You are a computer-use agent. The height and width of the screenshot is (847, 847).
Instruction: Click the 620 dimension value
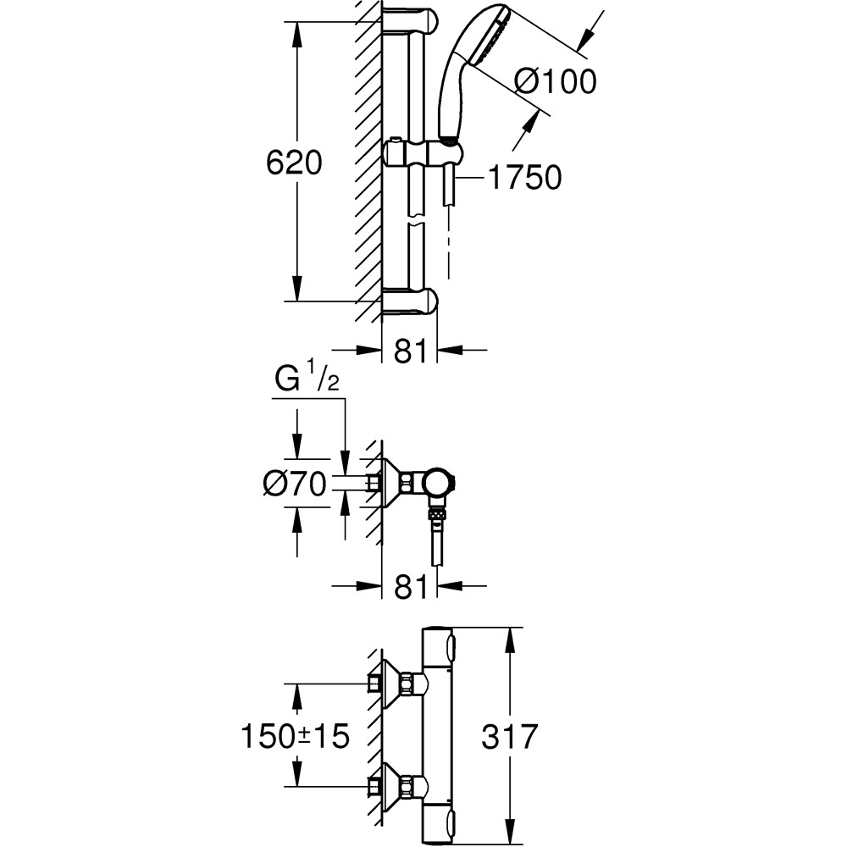[294, 162]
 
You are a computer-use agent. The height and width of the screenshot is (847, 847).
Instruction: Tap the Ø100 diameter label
[556, 81]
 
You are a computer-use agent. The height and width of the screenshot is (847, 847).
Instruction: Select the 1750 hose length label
[524, 177]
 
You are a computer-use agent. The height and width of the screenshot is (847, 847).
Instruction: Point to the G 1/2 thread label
[307, 379]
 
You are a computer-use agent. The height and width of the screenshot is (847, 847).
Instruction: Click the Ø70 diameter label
[295, 483]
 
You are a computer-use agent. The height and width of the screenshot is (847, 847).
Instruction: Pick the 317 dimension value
[509, 736]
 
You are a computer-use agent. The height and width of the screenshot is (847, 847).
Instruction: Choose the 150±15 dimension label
[295, 736]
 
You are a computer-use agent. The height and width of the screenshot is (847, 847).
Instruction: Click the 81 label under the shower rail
[411, 351]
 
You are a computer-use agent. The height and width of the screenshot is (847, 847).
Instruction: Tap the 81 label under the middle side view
[411, 586]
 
